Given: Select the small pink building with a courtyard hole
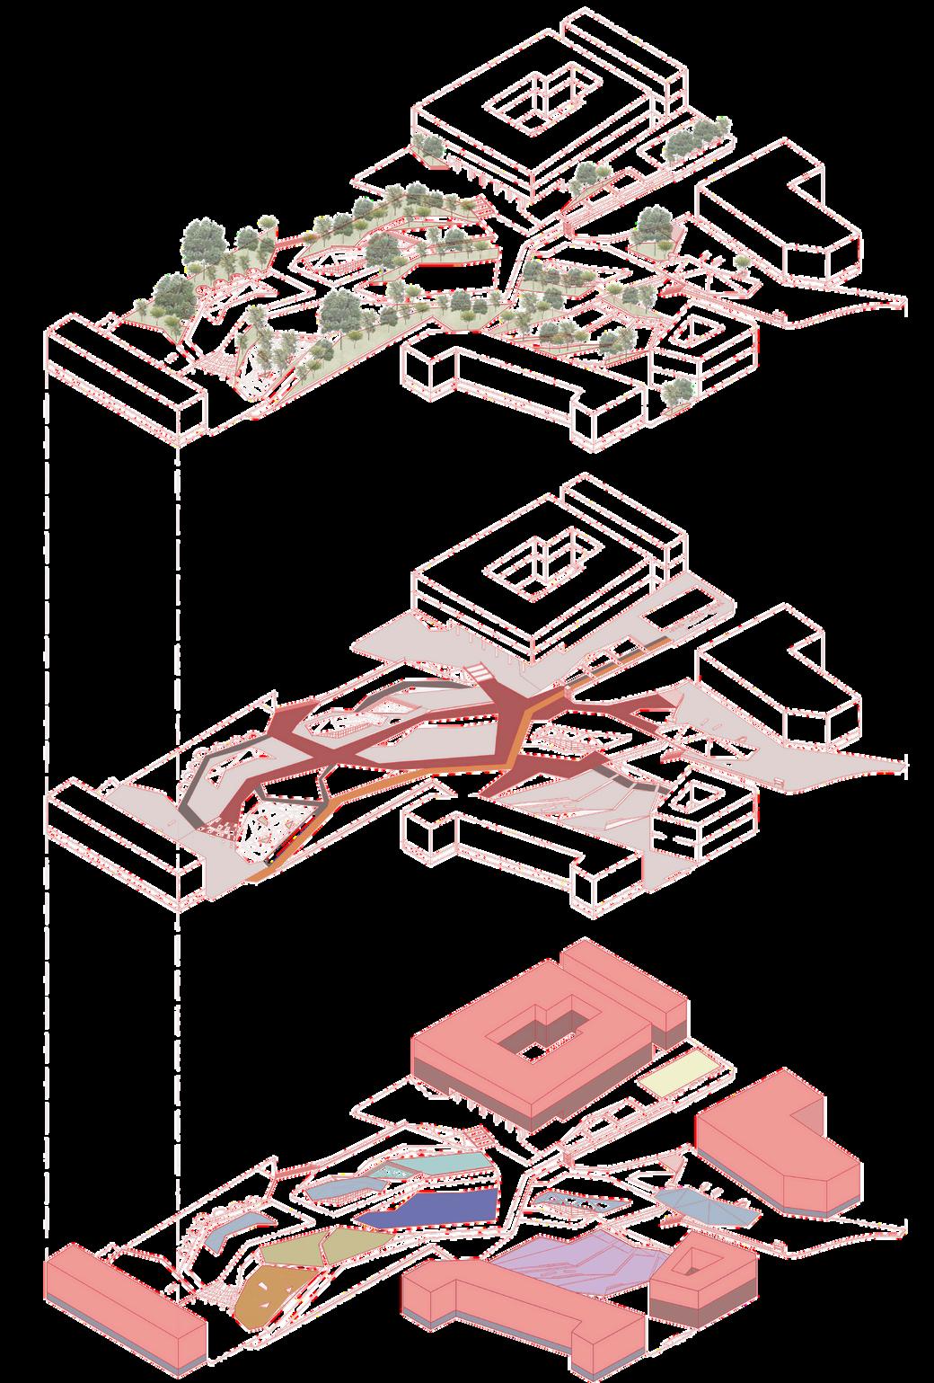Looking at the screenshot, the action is [x=700, y=1276].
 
